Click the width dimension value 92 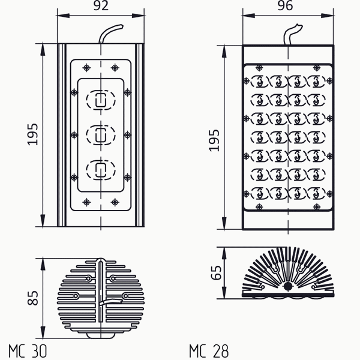101,6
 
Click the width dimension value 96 285,6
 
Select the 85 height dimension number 33,298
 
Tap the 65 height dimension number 216,273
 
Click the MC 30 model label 28,351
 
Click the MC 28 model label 209,351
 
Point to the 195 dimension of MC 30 32,134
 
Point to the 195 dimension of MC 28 214,140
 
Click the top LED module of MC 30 101,100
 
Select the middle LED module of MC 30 101,135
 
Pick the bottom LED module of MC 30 101,170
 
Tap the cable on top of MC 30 111,34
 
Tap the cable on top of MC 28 293,34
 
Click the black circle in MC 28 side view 288,287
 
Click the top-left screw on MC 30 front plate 86,68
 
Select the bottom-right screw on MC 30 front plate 115,202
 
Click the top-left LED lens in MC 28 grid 259,81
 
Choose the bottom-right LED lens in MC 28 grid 316,193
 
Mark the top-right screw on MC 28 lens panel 317,68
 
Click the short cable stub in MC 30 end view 110,301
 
